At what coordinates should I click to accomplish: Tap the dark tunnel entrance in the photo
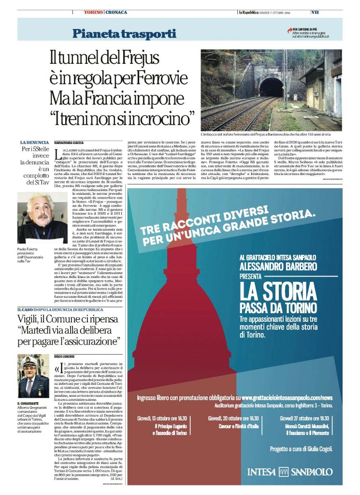(271, 87)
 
